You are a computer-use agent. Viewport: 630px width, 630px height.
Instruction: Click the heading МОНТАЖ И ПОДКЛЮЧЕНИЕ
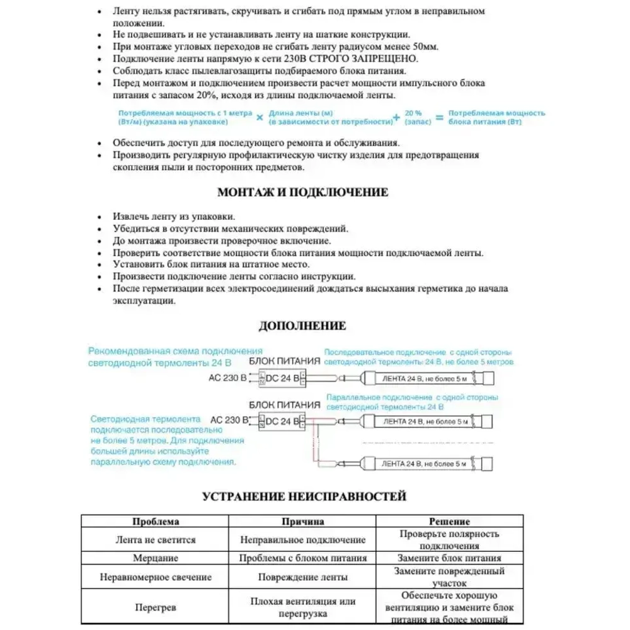pos(302,192)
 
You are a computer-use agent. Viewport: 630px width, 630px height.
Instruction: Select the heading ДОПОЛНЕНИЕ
pos(302,326)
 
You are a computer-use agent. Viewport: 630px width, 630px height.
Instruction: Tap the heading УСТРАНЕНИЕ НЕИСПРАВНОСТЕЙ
pos(304,496)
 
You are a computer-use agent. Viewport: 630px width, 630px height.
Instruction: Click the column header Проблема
pos(156,522)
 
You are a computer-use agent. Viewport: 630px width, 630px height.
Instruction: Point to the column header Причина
pos(302,522)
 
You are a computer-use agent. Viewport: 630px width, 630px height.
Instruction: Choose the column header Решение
pos(449,522)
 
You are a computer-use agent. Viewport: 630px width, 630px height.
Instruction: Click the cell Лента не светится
pos(156,540)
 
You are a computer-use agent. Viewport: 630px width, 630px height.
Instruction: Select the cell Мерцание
pos(156,558)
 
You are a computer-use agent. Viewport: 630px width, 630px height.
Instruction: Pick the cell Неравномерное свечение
pos(156,577)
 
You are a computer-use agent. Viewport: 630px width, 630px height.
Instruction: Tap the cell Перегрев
pos(156,608)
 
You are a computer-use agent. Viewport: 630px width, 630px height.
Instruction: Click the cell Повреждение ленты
pos(302,577)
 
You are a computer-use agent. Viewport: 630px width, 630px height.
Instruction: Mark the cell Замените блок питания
pos(449,558)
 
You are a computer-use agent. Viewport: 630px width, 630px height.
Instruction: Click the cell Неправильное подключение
pos(302,540)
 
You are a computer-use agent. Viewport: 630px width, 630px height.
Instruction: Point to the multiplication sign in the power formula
pos(260,117)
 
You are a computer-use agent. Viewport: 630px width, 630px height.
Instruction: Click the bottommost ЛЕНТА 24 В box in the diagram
pos(425,464)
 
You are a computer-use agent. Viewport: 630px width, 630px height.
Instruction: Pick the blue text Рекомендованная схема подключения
pos(175,351)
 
